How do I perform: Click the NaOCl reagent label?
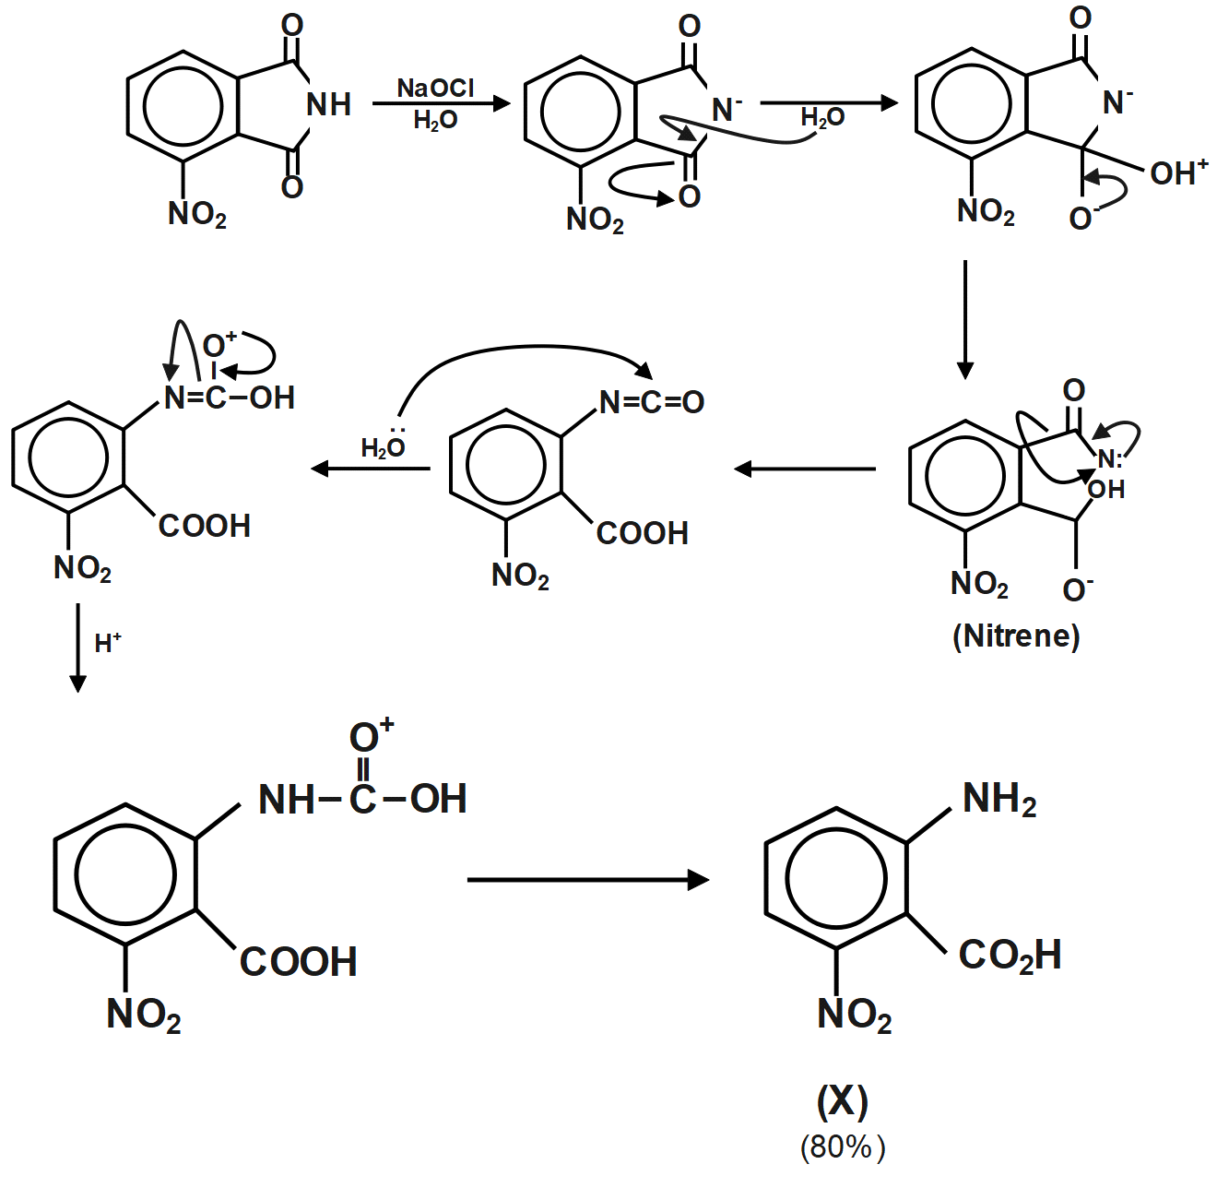click(435, 88)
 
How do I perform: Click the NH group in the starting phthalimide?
click(328, 104)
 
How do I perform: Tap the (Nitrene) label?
click(1015, 636)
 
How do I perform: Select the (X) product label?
click(842, 1100)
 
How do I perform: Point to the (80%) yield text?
click(842, 1146)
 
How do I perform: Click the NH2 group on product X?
click(998, 799)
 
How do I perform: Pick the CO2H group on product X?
click(1010, 955)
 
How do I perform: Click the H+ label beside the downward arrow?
click(108, 642)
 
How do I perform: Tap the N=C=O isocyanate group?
click(651, 402)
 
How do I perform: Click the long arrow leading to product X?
click(587, 880)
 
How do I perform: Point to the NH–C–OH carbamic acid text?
click(362, 799)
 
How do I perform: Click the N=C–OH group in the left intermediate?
click(230, 398)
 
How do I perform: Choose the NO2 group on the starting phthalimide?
click(196, 214)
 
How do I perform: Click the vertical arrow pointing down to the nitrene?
click(964, 319)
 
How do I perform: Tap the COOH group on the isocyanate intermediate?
click(643, 533)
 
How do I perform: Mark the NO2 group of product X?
click(854, 1015)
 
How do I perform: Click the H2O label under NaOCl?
click(435, 121)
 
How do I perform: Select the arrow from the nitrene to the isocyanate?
click(805, 469)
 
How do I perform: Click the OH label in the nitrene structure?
click(1106, 489)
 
